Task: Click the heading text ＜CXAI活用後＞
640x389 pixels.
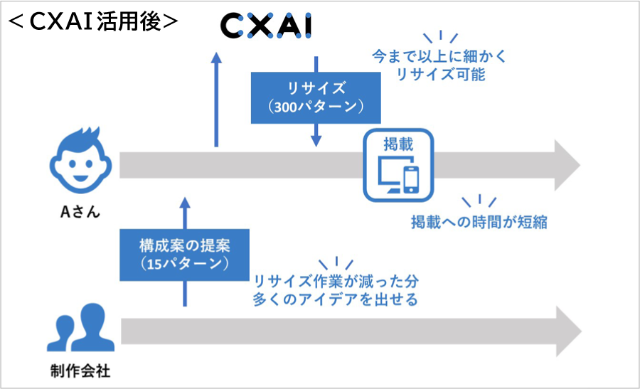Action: coord(92,21)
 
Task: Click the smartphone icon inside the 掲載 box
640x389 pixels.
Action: coord(411,178)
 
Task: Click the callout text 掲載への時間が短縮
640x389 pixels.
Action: coord(479,222)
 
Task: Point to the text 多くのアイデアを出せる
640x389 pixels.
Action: coord(334,299)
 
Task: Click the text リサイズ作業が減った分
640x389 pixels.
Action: coord(334,281)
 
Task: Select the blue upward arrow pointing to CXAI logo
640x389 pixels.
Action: coord(217,100)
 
